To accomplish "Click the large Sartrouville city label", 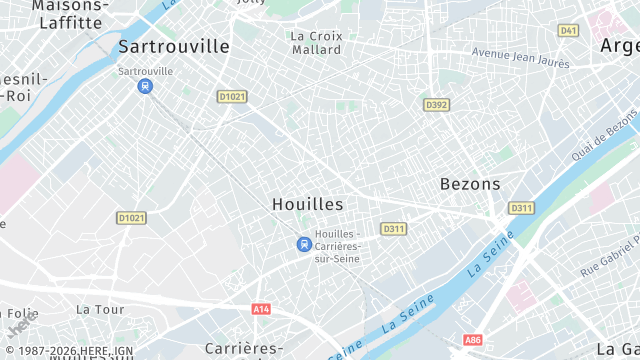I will click(x=173, y=46).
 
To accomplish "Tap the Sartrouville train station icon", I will click(x=146, y=86).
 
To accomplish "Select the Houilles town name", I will click(x=307, y=204).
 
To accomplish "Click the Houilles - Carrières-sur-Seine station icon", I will click(x=303, y=244).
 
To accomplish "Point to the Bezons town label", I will click(x=470, y=184).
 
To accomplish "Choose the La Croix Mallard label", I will click(x=316, y=42).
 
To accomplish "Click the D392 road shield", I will click(x=435, y=104).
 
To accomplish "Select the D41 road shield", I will click(x=568, y=31).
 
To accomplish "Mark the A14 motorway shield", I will click(x=261, y=310).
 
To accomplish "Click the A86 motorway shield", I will click(x=473, y=340).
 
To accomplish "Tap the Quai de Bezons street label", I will click(x=606, y=136).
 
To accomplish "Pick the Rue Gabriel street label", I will click(x=608, y=253).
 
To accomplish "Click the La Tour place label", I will click(x=100, y=310).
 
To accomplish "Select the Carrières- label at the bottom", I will click(x=244, y=348).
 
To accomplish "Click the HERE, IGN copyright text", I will click(x=70, y=352).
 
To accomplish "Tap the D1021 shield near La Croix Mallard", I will click(x=231, y=96).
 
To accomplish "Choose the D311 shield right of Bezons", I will click(x=521, y=208).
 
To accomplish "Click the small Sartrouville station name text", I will click(x=145, y=71).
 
